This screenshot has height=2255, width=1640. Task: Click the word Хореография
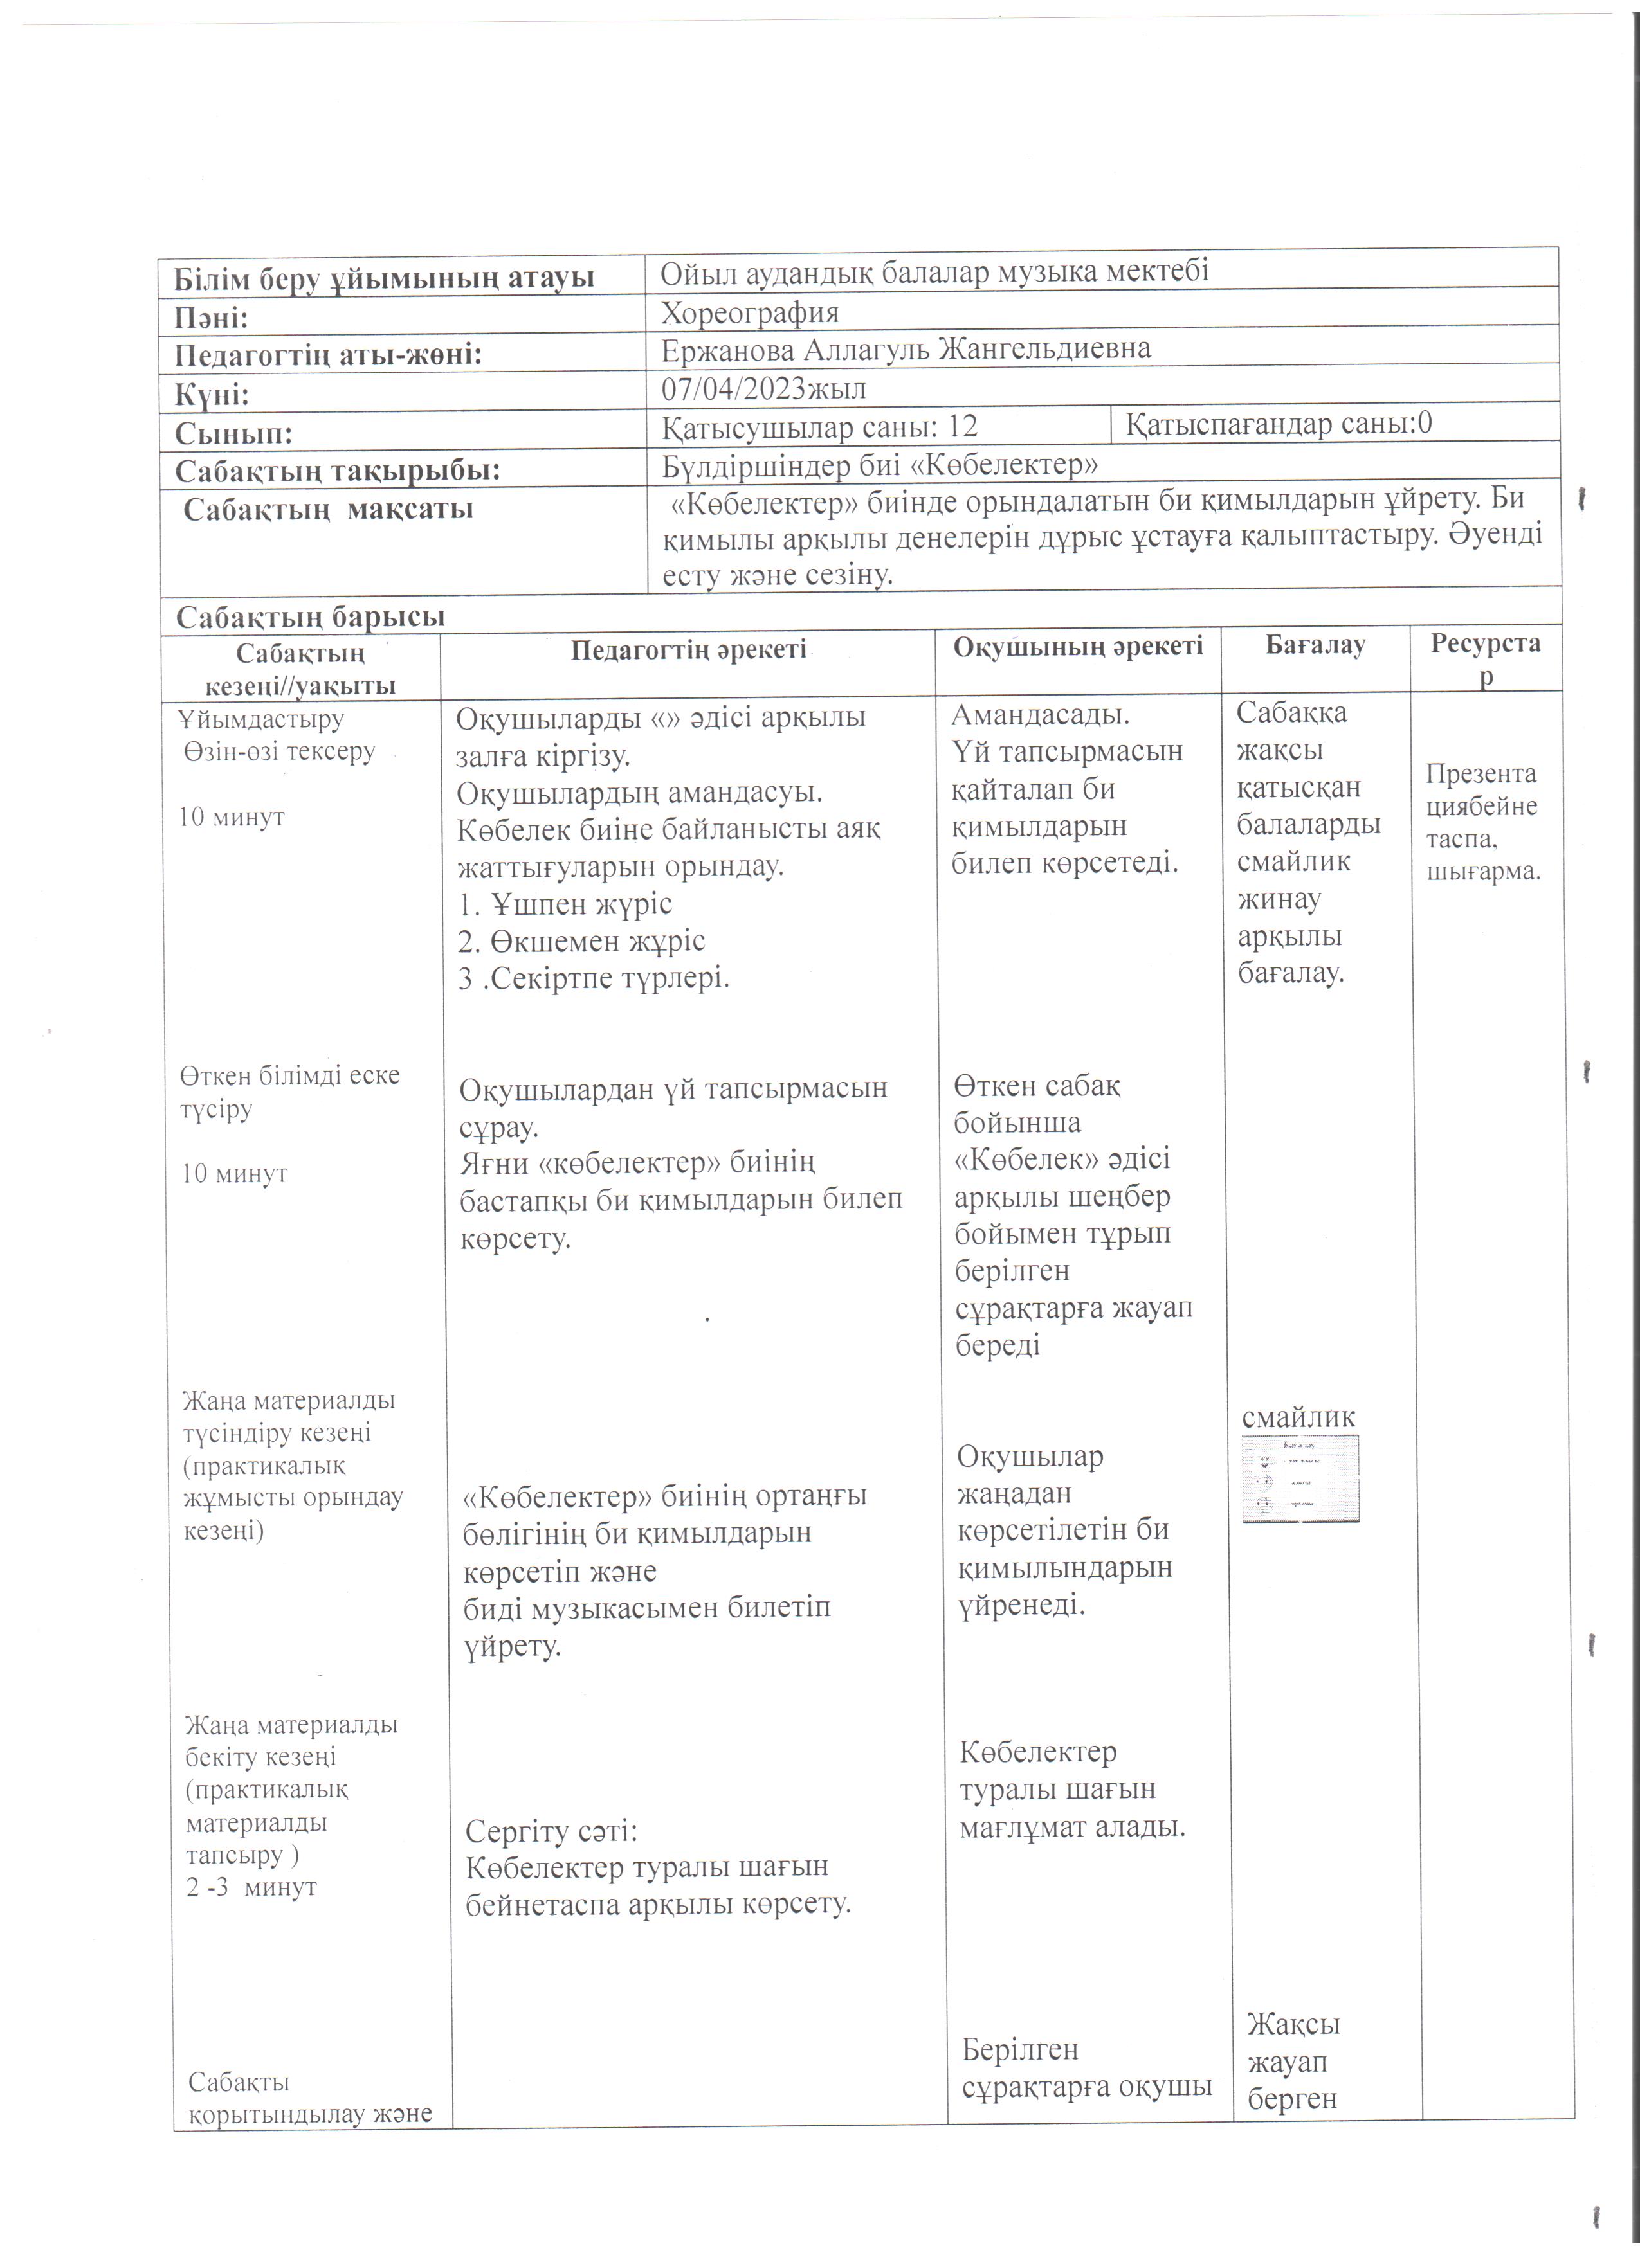[750, 313]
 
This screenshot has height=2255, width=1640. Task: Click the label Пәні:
[212, 318]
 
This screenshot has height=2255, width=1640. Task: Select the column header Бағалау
[1315, 645]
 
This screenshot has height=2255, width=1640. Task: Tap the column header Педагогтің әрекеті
[688, 651]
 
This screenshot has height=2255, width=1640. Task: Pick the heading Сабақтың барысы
[310, 618]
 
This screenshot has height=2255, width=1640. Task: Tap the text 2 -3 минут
[251, 1887]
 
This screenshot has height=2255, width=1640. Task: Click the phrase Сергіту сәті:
[552, 1831]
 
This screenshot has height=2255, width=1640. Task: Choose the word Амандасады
[1041, 715]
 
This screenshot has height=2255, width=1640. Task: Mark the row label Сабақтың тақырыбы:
[337, 471]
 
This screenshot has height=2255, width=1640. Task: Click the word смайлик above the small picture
[1299, 1418]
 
